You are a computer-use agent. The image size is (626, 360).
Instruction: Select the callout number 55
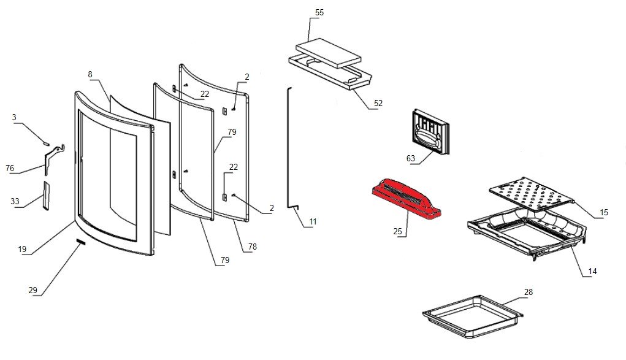click(x=319, y=13)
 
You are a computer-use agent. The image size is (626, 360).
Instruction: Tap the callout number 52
click(x=378, y=103)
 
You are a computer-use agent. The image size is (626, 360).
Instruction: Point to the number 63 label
click(x=411, y=158)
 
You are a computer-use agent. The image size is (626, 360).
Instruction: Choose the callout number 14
click(x=592, y=271)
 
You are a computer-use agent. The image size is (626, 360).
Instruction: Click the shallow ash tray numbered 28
click(x=472, y=316)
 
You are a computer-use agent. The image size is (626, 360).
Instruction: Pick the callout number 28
click(x=528, y=292)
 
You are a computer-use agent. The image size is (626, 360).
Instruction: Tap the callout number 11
click(x=313, y=221)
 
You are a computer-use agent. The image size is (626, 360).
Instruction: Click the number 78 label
click(x=252, y=247)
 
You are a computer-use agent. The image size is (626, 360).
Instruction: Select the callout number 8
click(x=90, y=74)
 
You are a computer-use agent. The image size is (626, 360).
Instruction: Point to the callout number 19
click(x=23, y=249)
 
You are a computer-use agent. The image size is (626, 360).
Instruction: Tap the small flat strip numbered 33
click(x=46, y=194)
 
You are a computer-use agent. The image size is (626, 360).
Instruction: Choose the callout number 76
click(x=10, y=168)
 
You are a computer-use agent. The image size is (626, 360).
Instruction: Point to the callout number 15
click(x=604, y=212)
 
